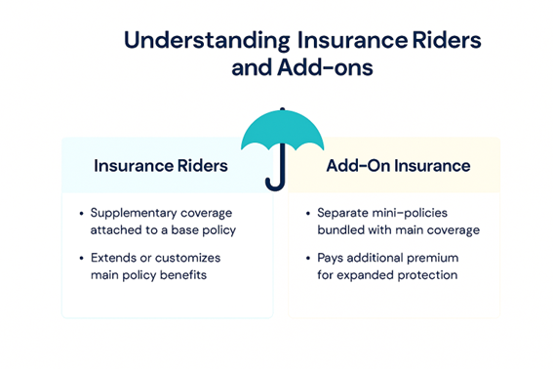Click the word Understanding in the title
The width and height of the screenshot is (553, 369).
point(202,42)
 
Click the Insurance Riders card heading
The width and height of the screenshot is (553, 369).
point(161,166)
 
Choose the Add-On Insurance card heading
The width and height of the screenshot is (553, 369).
point(398,166)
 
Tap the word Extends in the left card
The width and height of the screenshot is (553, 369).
point(115,258)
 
